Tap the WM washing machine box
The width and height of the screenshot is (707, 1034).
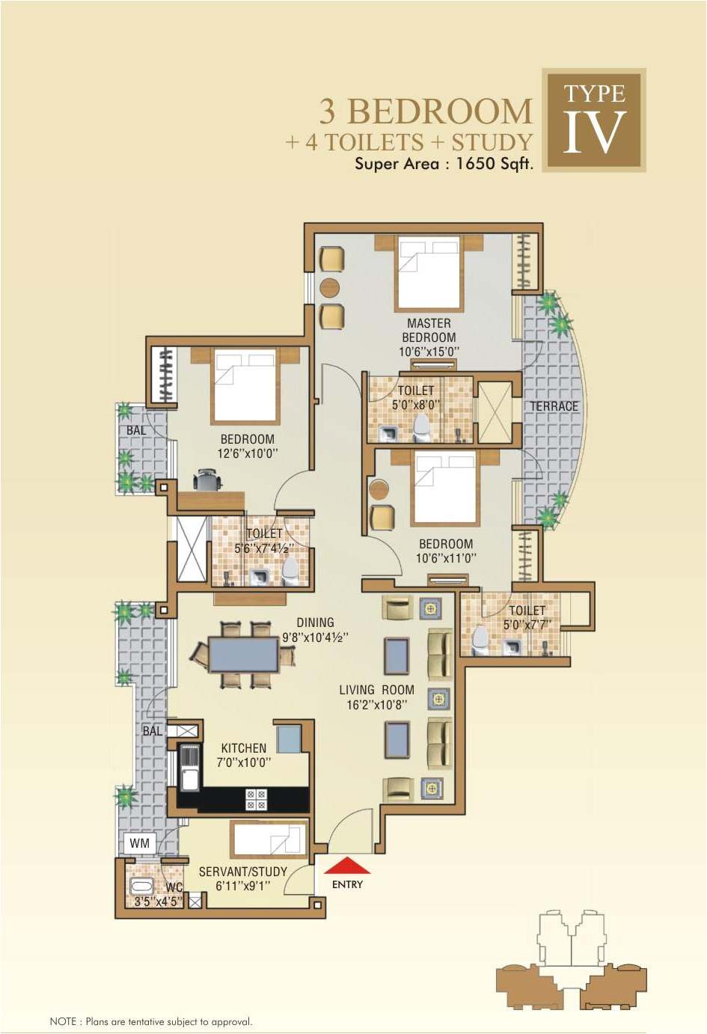[x=140, y=843]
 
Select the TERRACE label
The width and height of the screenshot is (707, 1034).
[x=554, y=406]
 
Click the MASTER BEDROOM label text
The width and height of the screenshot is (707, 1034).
[x=429, y=330]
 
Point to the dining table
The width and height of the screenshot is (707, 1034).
[x=243, y=654]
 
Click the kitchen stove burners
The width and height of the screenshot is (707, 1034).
[x=256, y=799]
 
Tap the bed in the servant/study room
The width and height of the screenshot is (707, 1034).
[x=269, y=838]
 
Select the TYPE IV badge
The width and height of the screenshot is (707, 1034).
[x=594, y=120]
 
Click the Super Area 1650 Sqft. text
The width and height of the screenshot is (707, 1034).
[x=444, y=164]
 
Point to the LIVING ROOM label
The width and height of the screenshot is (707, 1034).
[x=376, y=690]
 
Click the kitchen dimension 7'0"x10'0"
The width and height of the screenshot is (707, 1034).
[x=244, y=762]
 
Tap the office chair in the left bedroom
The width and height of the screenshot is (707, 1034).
[x=207, y=479]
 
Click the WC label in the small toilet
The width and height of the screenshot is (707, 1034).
[x=174, y=887]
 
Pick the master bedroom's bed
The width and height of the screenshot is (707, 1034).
[x=429, y=272]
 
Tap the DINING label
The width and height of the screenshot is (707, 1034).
[x=315, y=622]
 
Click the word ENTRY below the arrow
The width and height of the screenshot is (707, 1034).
[x=347, y=884]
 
